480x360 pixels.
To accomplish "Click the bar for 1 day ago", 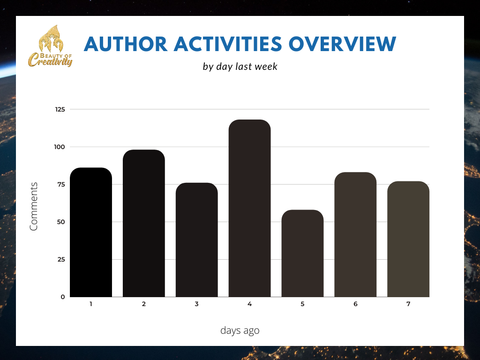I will (x=91, y=232).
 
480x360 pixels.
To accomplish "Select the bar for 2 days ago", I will (x=144, y=224).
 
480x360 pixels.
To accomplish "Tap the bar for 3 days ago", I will (x=197, y=240).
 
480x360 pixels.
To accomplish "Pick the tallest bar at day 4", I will (x=250, y=209).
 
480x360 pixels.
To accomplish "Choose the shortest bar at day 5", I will (x=302, y=254).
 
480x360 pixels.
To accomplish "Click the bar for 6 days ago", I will (x=355, y=235).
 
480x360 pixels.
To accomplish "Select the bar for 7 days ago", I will (x=408, y=239).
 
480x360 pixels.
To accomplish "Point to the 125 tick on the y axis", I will (x=60, y=109).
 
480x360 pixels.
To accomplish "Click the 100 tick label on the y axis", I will (x=60, y=147).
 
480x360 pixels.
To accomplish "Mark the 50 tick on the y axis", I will (x=61, y=222).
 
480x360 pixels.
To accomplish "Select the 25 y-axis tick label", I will (x=61, y=259).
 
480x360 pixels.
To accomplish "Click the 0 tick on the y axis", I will (x=63, y=297).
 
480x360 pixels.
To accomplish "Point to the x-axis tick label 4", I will (x=250, y=304).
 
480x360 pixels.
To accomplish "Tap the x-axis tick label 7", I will (x=408, y=304).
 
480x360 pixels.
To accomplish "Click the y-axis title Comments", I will (x=34, y=206).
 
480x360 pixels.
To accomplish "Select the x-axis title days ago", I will (x=240, y=330).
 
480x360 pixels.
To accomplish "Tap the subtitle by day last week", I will (x=240, y=67).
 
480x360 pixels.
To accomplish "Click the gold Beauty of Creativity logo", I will (x=50, y=46).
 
